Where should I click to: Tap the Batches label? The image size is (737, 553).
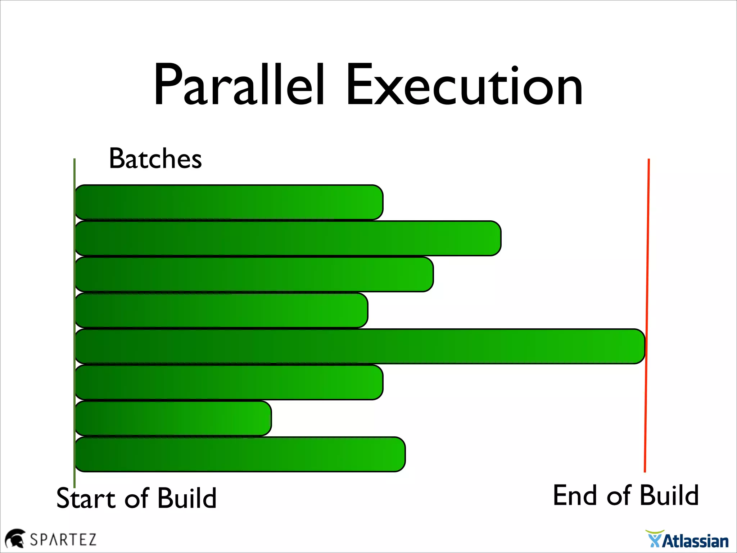tap(155, 158)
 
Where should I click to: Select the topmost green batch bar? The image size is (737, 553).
tap(229, 202)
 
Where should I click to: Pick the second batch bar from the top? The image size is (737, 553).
tap(288, 238)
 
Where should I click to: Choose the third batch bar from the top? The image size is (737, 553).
tap(254, 274)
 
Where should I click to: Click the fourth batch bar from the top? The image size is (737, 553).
tap(221, 310)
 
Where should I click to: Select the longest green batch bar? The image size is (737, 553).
tap(360, 346)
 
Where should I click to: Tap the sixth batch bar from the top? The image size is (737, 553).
tap(229, 382)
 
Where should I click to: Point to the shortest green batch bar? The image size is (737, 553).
tap(173, 418)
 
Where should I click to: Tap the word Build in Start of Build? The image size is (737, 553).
tap(187, 498)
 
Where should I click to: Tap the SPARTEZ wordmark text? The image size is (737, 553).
tap(63, 540)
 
